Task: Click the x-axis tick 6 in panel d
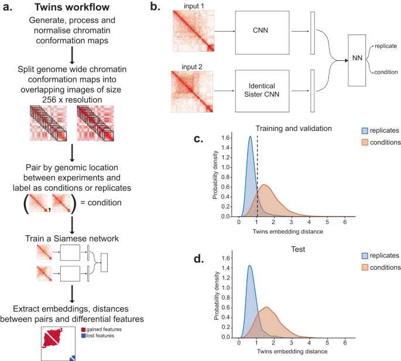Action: click(345, 342)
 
